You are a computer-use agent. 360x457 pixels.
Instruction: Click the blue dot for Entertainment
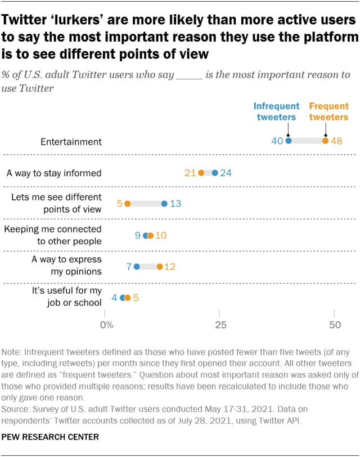[x=289, y=141]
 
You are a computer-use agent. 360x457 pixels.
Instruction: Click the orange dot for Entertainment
[x=325, y=141]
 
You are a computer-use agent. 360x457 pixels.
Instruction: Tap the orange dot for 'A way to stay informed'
[x=201, y=173]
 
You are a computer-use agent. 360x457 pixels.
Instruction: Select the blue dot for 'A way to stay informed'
[x=215, y=173]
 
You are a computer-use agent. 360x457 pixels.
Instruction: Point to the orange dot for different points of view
[x=128, y=204]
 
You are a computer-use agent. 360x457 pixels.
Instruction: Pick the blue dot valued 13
[x=164, y=204]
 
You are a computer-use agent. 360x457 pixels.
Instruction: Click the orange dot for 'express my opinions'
[x=160, y=266]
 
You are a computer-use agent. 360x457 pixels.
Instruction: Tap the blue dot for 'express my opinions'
[x=137, y=266]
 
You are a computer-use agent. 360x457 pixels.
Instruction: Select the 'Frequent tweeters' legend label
[x=328, y=111]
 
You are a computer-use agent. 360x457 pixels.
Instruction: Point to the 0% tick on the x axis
[x=106, y=325]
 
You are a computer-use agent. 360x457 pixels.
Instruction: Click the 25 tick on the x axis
[x=220, y=325]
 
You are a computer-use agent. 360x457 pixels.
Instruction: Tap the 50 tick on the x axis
[x=335, y=325]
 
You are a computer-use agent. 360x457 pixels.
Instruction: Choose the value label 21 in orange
[x=190, y=173]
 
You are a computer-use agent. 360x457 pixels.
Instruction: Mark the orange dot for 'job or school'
[x=128, y=298]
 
